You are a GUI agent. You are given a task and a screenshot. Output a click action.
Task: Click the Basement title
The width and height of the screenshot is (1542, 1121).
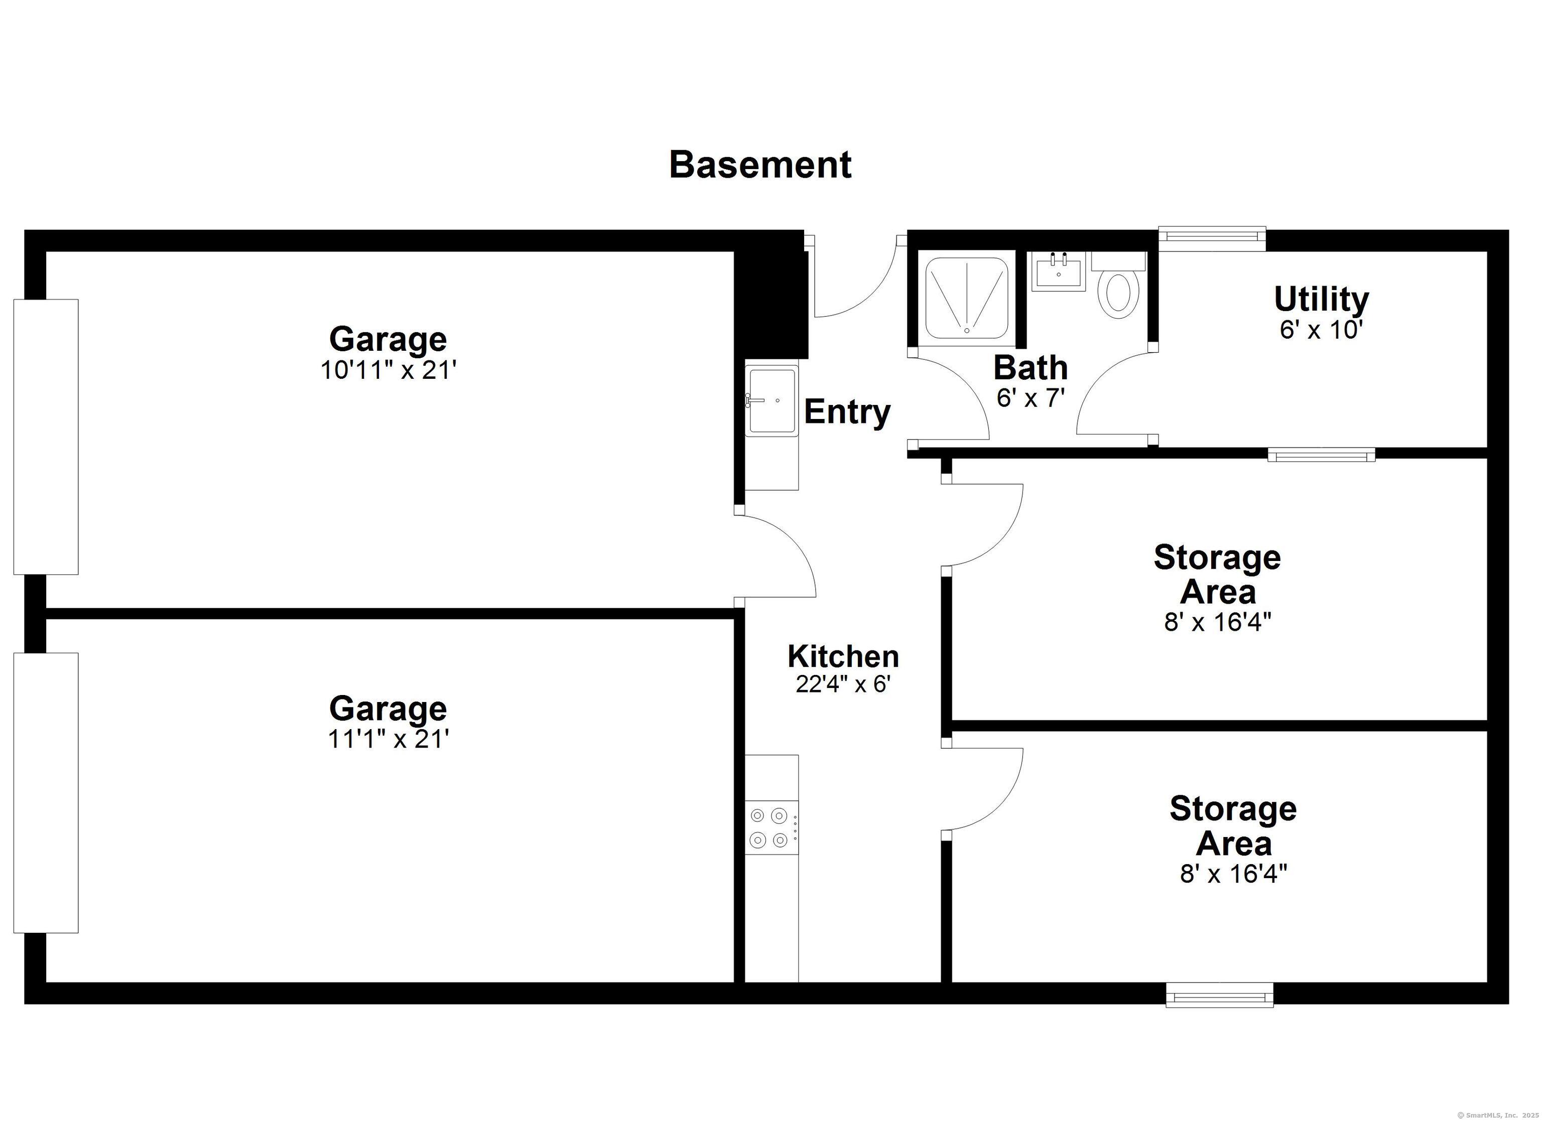point(760,165)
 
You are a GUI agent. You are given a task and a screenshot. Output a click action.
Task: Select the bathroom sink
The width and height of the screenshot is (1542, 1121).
point(1059,272)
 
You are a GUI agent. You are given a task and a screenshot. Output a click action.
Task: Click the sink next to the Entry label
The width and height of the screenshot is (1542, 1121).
point(772,400)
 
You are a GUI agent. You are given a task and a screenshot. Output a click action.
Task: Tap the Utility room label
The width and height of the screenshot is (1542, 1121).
point(1321,299)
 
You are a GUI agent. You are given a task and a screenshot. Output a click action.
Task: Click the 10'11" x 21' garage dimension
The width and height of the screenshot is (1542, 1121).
point(388,370)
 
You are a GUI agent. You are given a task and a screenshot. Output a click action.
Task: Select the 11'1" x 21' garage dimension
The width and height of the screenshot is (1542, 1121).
point(388,739)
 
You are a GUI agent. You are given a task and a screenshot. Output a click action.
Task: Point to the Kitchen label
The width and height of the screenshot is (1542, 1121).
point(843,657)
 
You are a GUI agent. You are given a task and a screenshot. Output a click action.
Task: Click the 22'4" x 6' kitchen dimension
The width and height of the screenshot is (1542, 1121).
point(843,684)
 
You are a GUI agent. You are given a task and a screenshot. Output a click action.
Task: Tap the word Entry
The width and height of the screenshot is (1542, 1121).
point(847,412)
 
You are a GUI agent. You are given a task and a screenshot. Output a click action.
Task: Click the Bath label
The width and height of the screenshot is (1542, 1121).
point(1030,368)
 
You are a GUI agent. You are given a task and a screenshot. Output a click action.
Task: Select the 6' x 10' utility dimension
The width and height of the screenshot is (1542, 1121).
point(1321,330)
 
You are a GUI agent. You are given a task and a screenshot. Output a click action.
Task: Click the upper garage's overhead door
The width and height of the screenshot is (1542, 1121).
point(46,437)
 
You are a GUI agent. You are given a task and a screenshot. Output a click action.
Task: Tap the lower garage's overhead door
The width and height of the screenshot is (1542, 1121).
point(46,793)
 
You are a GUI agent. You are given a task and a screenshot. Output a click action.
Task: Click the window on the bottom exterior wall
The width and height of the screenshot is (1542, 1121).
point(1219,996)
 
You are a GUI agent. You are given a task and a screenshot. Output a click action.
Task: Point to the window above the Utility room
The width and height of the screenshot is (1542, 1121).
point(1212,236)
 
